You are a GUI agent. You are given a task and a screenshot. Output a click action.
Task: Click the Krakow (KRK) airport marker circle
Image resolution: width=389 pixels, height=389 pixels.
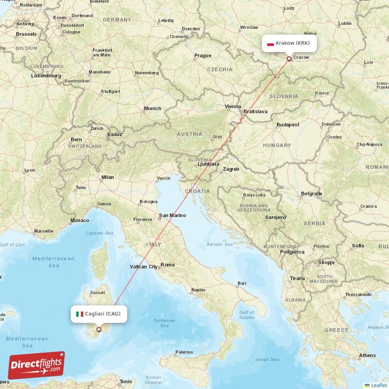[x=289, y=59]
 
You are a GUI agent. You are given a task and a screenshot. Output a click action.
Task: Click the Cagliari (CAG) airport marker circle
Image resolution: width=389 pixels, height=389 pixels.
[x=99, y=329]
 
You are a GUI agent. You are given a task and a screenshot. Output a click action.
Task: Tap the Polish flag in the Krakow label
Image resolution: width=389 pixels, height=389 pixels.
[x=270, y=43]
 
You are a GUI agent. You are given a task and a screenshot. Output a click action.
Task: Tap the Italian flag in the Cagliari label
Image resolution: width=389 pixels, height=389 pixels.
[x=80, y=314]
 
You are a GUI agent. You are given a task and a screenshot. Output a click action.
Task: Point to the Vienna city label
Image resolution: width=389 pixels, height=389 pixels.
[x=232, y=106]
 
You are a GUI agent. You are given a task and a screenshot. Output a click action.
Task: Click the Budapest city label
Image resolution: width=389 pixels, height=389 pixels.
[x=287, y=125]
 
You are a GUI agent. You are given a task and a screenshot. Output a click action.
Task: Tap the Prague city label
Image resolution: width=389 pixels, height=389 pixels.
[x=203, y=55]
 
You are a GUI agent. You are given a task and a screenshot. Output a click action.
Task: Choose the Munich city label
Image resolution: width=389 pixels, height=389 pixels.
[x=152, y=108]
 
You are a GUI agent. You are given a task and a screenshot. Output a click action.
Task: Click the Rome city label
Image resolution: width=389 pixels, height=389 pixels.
[x=167, y=265]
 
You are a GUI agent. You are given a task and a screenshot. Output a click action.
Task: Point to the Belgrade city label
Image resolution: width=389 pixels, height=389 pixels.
[x=311, y=194]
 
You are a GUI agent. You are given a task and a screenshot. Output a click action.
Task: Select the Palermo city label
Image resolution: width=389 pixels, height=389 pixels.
[x=184, y=352]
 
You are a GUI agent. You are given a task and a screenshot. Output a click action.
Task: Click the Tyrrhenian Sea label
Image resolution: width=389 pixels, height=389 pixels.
[x=164, y=323]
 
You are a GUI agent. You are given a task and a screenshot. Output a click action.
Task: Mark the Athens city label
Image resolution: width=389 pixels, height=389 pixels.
[x=367, y=355]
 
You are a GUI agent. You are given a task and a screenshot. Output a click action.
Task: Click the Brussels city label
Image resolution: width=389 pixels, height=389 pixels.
[x=26, y=34]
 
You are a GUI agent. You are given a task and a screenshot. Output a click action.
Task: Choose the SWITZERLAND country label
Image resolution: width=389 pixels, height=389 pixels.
[x=85, y=146]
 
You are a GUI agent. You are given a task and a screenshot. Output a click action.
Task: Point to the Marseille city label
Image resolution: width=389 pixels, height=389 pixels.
[x=44, y=230]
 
